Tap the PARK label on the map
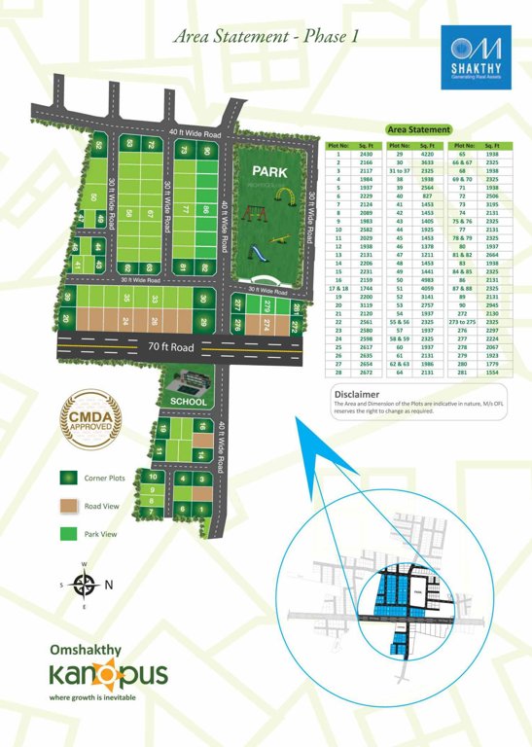266,171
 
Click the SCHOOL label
188,402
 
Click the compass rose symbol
85,585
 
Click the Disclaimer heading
356,394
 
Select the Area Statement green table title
418,129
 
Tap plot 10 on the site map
153,477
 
